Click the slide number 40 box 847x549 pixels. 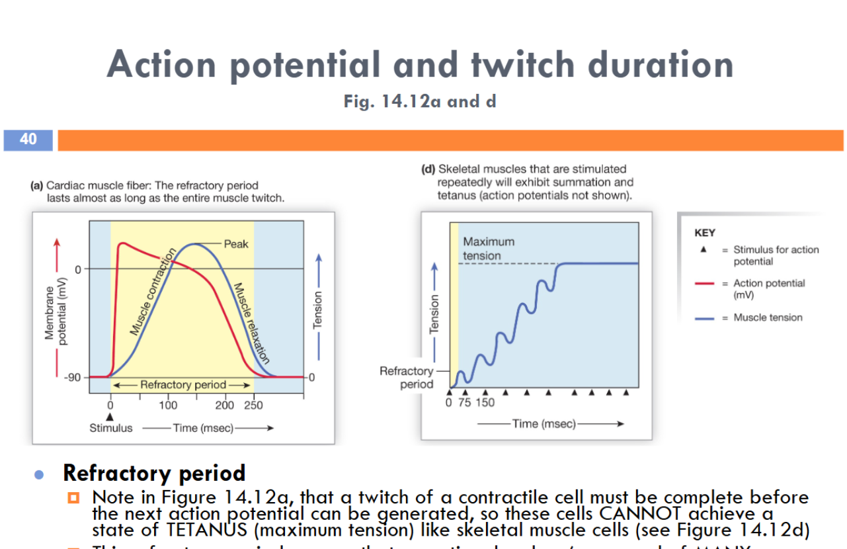click(28, 140)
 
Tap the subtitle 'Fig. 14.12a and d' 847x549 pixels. click(420, 101)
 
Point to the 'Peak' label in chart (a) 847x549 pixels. click(236, 244)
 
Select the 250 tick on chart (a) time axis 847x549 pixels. click(253, 405)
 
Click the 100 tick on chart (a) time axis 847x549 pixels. click(168, 405)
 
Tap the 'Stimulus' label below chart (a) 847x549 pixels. click(110, 428)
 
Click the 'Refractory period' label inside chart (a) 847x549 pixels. click(182, 384)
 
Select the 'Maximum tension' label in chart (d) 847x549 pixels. click(488, 249)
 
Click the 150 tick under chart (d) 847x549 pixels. click(484, 403)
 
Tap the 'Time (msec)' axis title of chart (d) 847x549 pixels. click(544, 423)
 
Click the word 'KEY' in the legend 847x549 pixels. click(705, 233)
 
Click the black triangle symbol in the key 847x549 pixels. click(704, 250)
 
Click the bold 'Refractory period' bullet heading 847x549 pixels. click(154, 474)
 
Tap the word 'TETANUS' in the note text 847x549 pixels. click(198, 530)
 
